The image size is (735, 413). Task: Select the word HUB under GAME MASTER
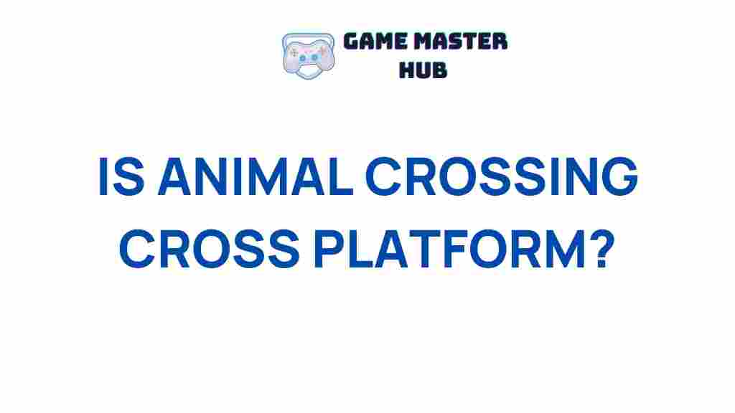click(424, 69)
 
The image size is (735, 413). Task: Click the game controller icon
click(308, 53)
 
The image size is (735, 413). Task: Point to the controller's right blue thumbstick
click(313, 57)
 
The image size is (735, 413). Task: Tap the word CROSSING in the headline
click(502, 178)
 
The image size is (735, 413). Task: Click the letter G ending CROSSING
click(617, 178)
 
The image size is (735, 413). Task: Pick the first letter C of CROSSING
click(385, 178)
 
